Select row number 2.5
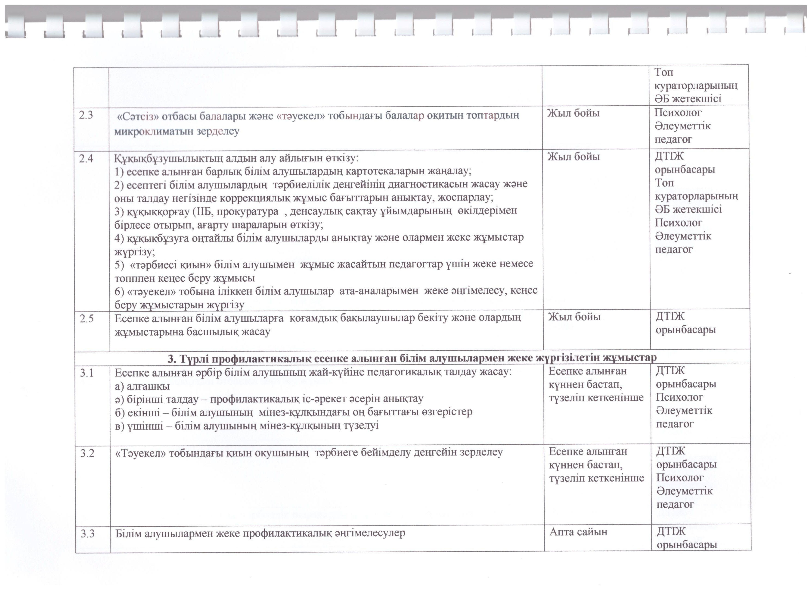[87, 318]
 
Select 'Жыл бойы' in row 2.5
[574, 317]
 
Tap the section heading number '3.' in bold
[172, 358]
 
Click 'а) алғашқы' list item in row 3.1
[142, 386]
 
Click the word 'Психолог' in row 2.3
[678, 113]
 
